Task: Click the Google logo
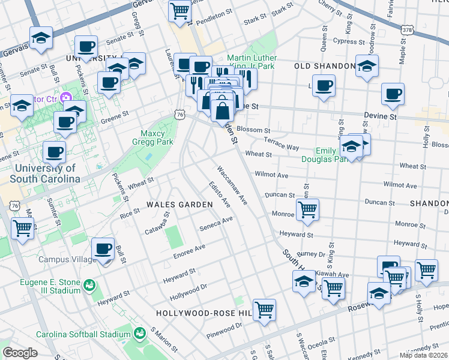[x=20, y=353]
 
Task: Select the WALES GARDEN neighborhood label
[x=179, y=205]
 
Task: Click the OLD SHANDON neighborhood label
[x=324, y=65]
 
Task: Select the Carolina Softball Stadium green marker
[x=140, y=332]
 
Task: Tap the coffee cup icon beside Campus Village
[x=103, y=249]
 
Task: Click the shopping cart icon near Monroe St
[x=307, y=209]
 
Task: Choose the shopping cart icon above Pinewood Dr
[x=264, y=310]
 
